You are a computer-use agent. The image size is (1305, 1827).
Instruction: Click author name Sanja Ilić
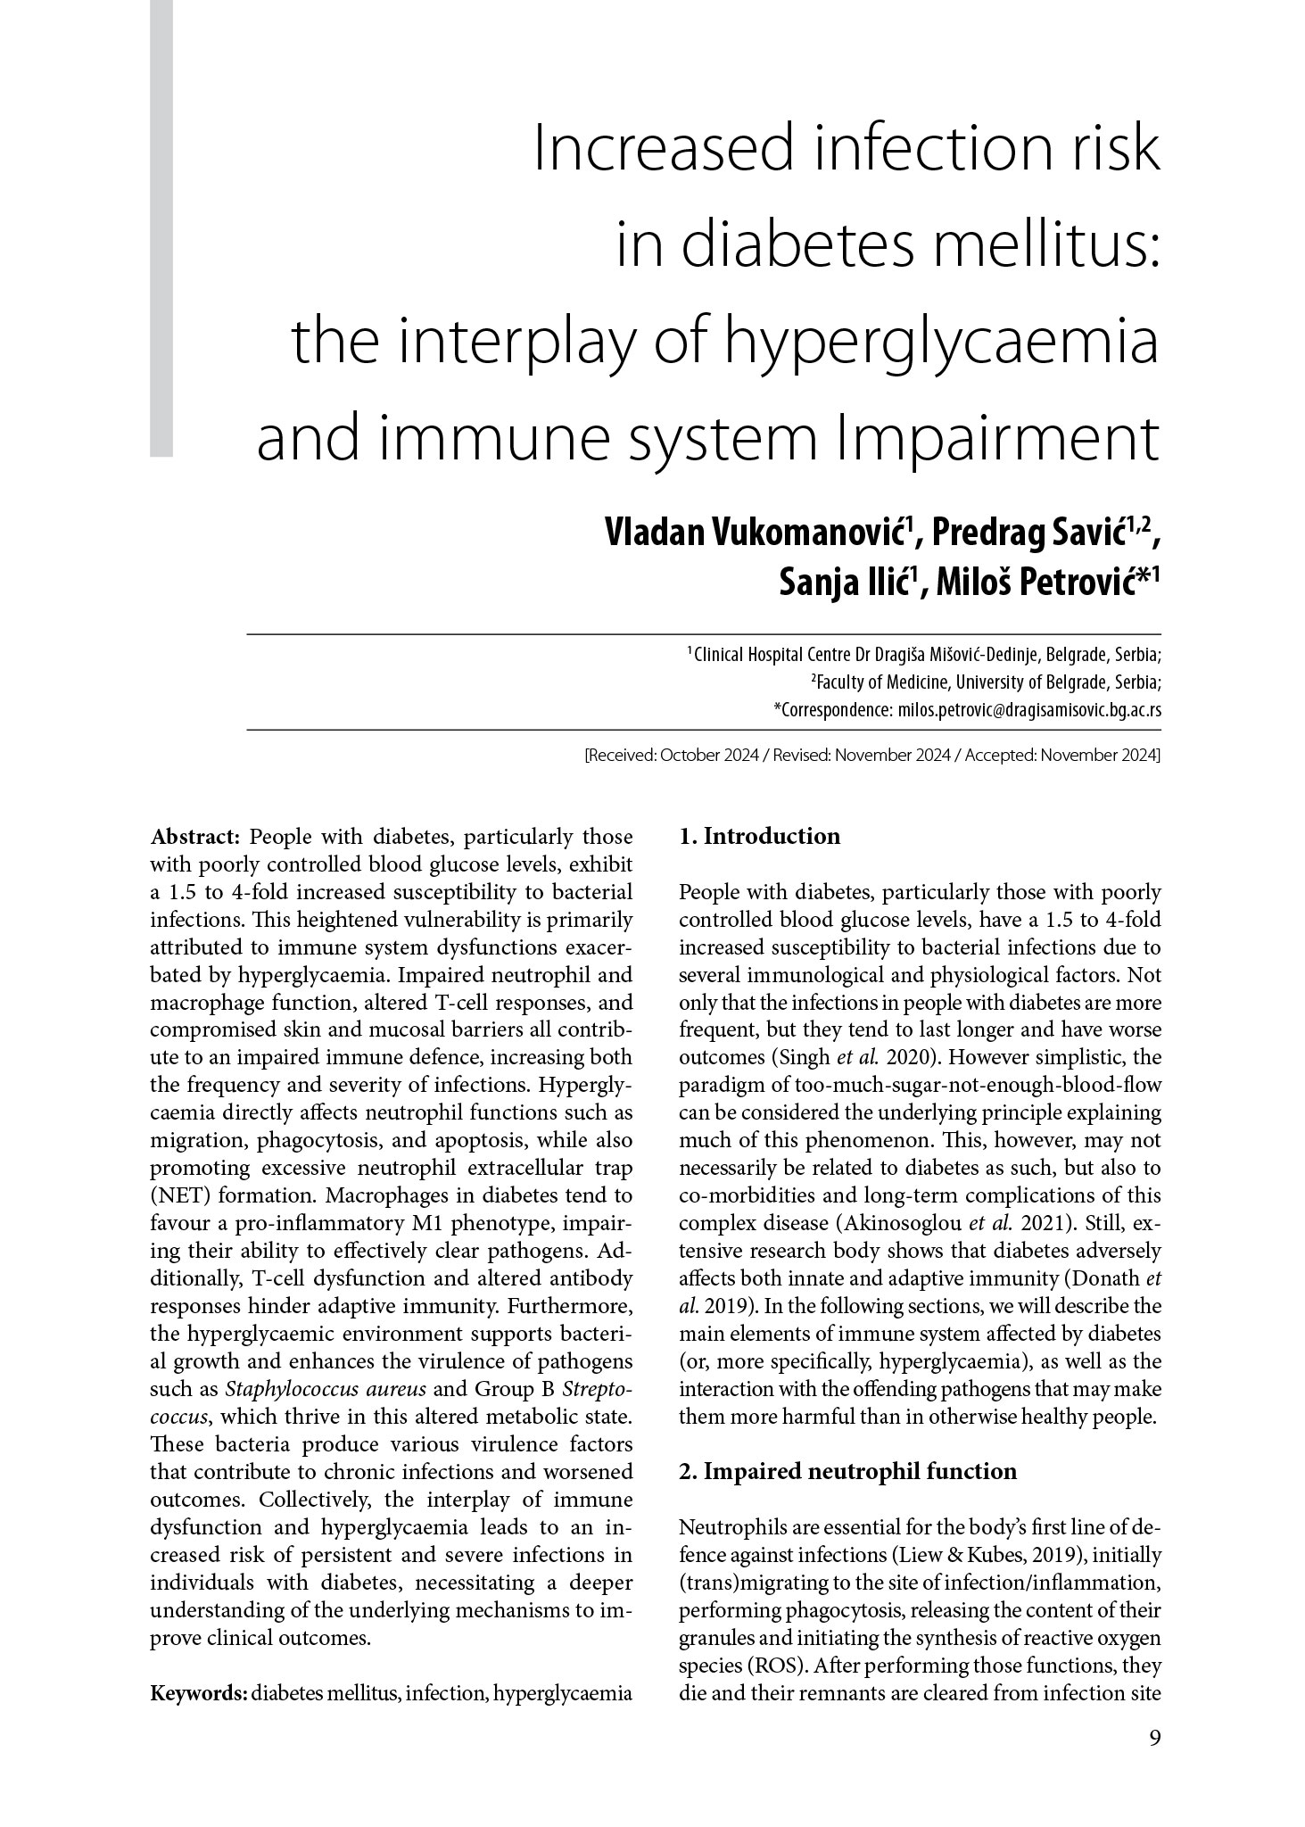(848, 583)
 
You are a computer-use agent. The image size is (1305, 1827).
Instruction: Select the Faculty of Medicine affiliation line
(985, 682)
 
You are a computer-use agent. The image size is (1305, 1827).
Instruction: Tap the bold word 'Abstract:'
(195, 837)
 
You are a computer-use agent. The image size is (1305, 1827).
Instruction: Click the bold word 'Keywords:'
(198, 1693)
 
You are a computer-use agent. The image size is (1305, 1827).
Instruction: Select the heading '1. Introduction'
(759, 836)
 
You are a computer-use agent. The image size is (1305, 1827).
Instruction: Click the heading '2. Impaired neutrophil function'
(847, 1471)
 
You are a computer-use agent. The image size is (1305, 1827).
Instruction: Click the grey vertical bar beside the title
(161, 228)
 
